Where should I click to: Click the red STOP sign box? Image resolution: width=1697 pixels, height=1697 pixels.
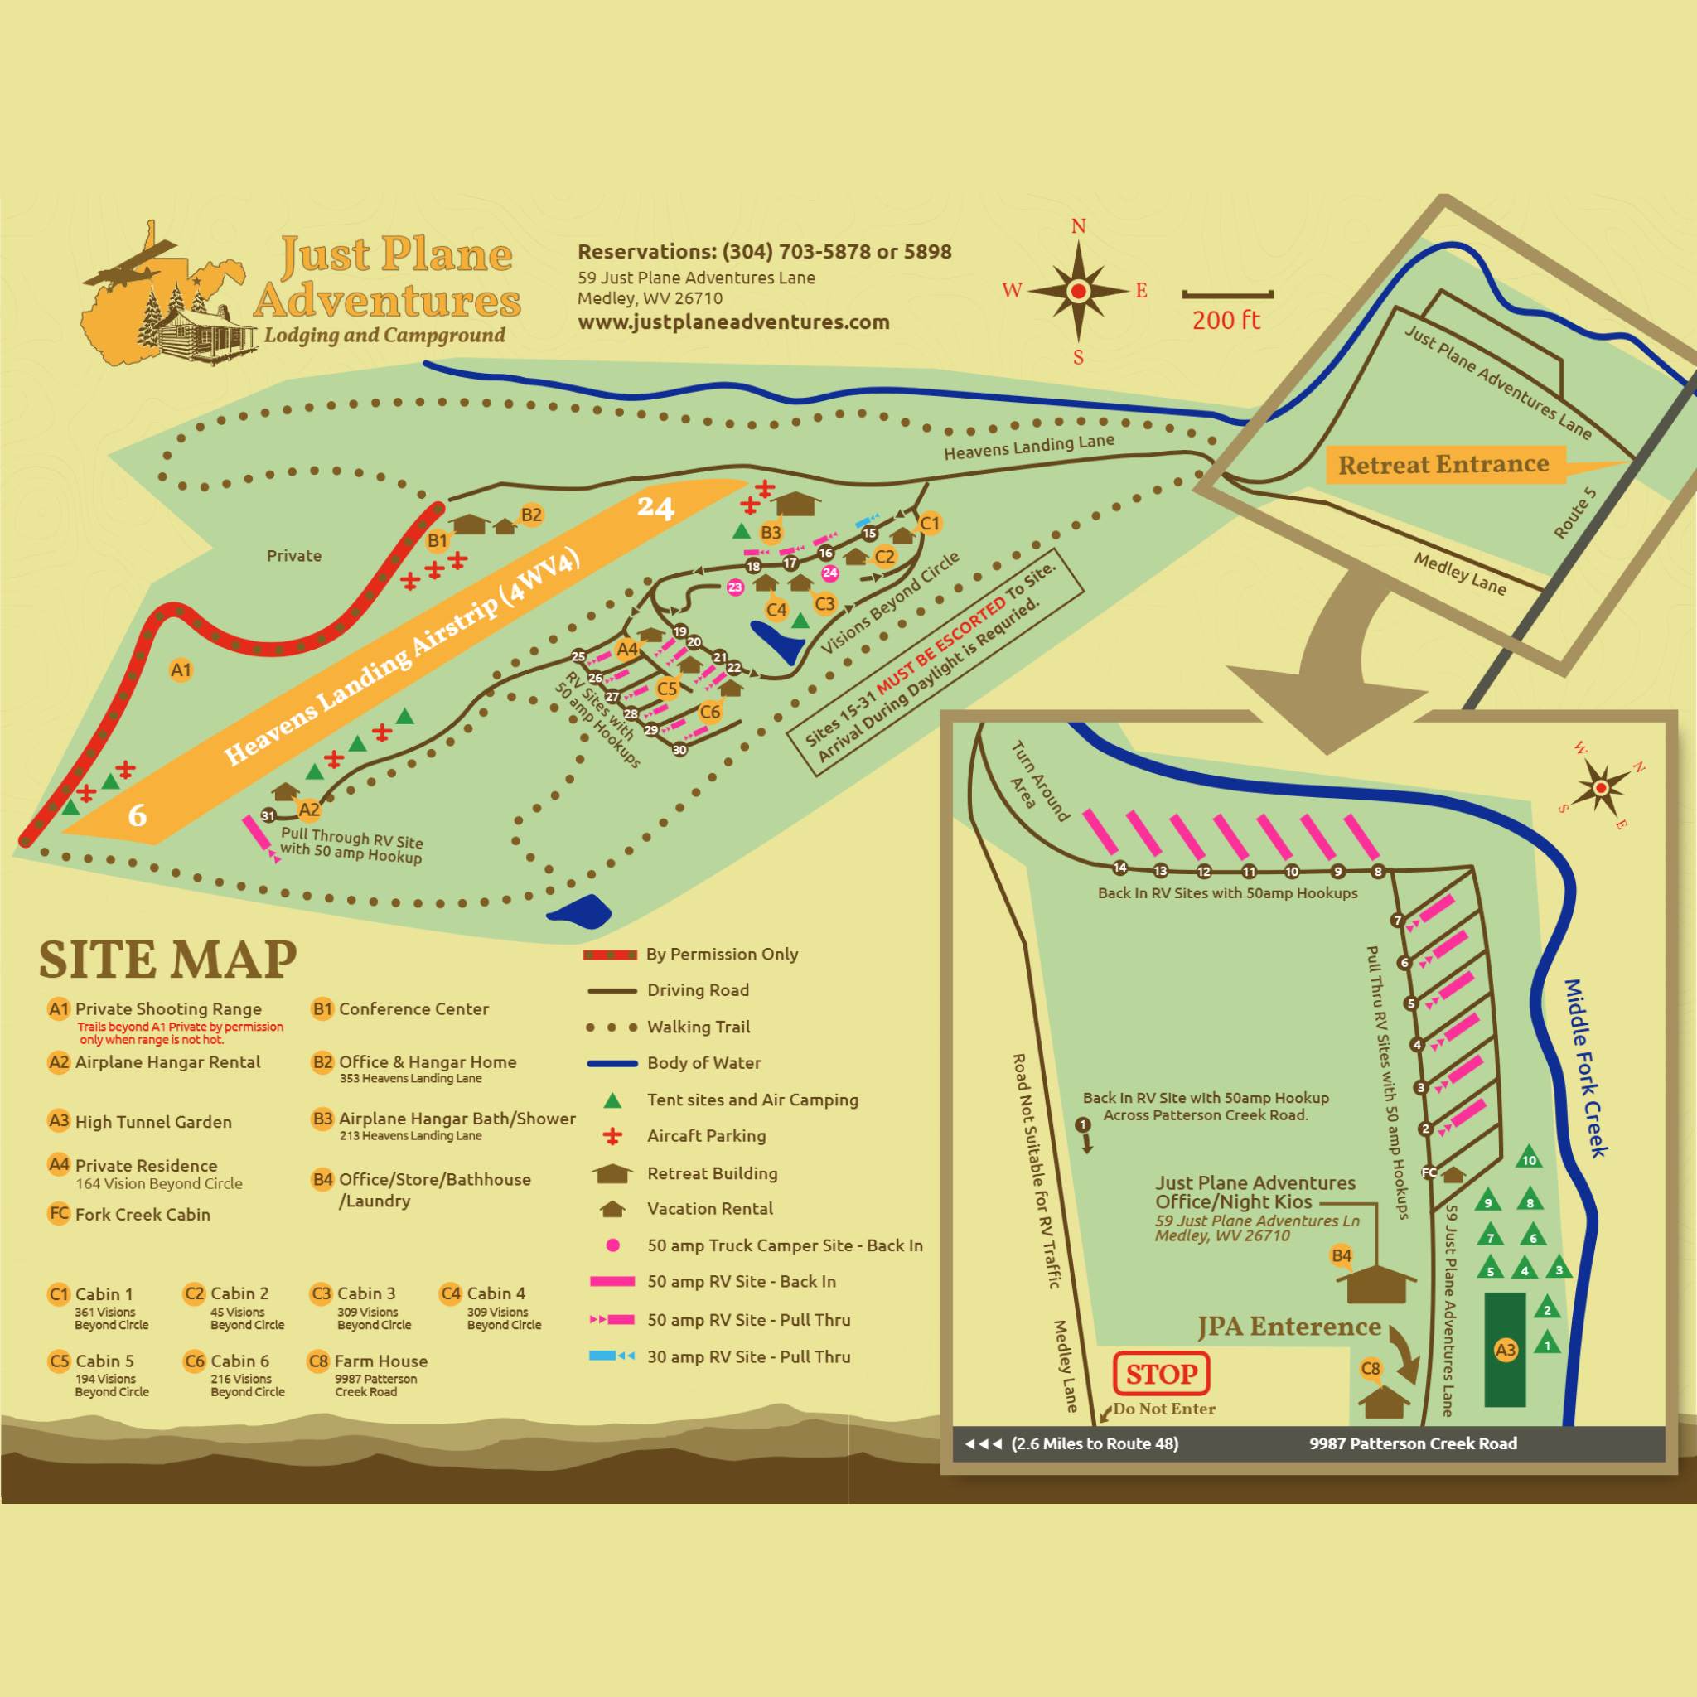[1160, 1374]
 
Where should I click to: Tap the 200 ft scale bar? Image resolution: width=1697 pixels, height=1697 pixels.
[1227, 296]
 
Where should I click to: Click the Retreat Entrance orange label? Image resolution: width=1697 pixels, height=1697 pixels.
[1443, 464]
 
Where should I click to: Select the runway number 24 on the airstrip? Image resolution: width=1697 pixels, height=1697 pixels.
[655, 508]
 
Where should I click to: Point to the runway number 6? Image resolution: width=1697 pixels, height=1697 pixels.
[137, 815]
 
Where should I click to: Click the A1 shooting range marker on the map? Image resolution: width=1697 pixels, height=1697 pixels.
[180, 670]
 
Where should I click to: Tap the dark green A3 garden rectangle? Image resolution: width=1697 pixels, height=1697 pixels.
[1505, 1350]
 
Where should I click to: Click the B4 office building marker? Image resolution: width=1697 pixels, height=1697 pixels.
[1342, 1256]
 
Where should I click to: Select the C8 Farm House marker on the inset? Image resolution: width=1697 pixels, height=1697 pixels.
[1371, 1369]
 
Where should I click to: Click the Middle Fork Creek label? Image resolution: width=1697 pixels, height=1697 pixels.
[1586, 1067]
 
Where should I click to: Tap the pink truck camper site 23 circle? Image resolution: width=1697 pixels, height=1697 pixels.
[735, 587]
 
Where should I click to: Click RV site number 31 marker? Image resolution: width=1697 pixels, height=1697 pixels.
[268, 816]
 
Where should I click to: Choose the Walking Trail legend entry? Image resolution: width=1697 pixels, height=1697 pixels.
[699, 1027]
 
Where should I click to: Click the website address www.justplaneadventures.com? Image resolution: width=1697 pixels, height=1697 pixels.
[733, 322]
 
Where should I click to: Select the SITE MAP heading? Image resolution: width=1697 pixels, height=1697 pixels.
[167, 960]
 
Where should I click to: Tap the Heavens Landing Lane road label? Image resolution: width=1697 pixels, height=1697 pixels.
[1028, 447]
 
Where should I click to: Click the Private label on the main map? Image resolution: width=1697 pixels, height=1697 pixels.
[294, 556]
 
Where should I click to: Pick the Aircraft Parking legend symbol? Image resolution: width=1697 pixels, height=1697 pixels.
[612, 1137]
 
